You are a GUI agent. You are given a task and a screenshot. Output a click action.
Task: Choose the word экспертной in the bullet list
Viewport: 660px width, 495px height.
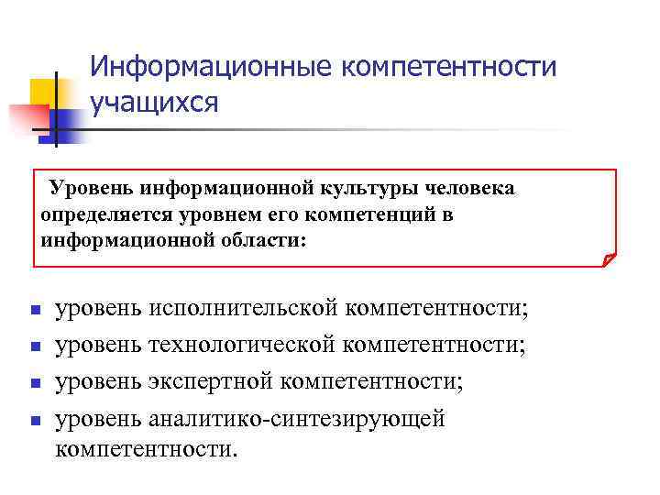point(212,380)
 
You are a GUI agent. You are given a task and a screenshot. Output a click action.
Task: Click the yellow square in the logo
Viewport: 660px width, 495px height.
point(44,91)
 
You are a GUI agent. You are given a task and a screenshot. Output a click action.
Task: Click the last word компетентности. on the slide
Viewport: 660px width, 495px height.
point(146,450)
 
